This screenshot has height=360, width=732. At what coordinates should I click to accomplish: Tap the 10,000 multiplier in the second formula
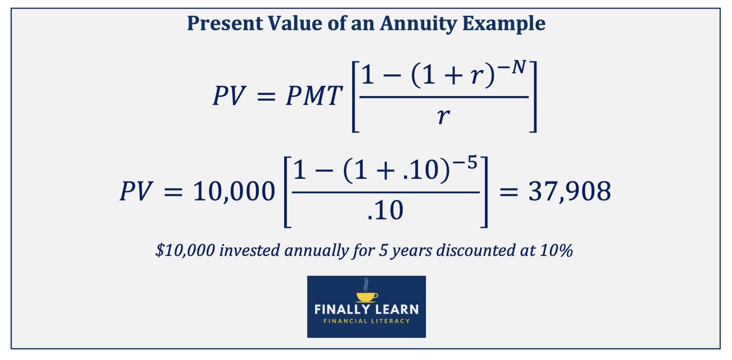tap(234, 192)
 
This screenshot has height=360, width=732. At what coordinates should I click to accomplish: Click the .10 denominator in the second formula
tap(385, 211)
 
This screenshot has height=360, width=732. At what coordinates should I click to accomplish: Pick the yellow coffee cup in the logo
tap(367, 296)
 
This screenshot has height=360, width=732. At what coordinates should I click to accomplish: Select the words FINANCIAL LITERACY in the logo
tap(366, 321)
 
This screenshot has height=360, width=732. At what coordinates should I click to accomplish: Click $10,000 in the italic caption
tap(185, 250)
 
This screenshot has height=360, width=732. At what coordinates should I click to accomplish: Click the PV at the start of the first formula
tap(228, 97)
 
